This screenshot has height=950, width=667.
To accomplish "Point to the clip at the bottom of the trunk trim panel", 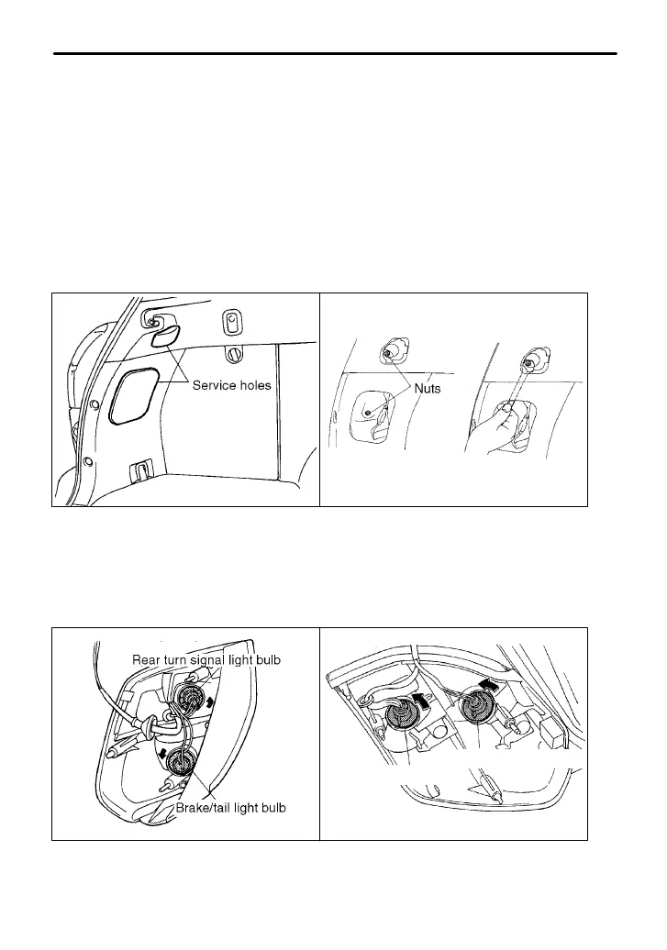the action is [x=140, y=470].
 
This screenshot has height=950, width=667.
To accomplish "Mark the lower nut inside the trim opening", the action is [x=368, y=413].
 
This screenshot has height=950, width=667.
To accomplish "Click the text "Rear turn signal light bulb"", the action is [x=206, y=659].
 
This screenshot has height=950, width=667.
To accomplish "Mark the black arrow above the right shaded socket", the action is [x=492, y=684].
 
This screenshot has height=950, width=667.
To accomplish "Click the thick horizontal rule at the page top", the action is [x=335, y=53].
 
